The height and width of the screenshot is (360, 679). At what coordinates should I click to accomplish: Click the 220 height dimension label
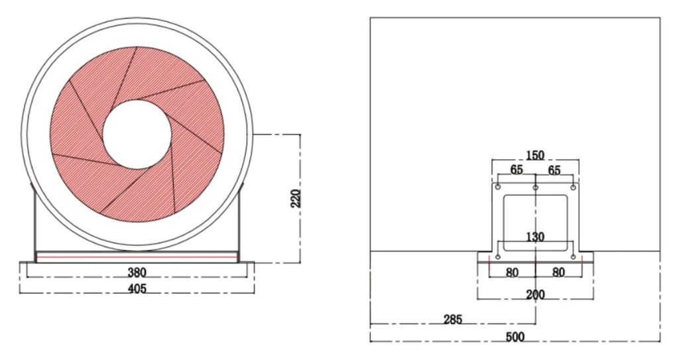pos(296,198)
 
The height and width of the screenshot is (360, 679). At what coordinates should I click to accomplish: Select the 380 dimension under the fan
pos(137,272)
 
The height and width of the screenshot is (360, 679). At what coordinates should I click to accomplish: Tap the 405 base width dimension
pos(137,288)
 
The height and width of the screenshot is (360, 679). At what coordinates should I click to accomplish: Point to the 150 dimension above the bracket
pos(535,155)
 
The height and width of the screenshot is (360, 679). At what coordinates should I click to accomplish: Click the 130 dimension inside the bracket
pos(535,237)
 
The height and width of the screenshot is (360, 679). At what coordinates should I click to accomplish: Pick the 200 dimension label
pos(535,295)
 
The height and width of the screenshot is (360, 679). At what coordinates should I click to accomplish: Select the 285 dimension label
pos(453,320)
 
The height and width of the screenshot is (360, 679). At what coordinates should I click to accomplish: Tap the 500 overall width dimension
pos(515,337)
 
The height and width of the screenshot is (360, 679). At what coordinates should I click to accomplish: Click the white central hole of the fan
pos(137,135)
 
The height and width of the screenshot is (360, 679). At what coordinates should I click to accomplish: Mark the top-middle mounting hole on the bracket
pos(536,187)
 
